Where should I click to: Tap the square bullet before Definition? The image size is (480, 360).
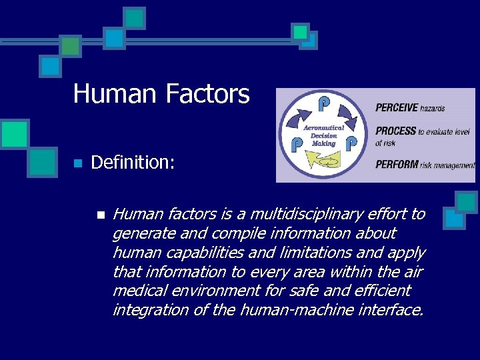tap(77, 163)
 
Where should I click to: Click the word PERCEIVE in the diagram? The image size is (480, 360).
tap(396, 107)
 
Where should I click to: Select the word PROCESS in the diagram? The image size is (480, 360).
tap(395, 131)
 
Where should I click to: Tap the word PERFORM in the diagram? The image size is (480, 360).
tap(396, 165)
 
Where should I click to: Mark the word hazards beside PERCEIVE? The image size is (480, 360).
tap(433, 107)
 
